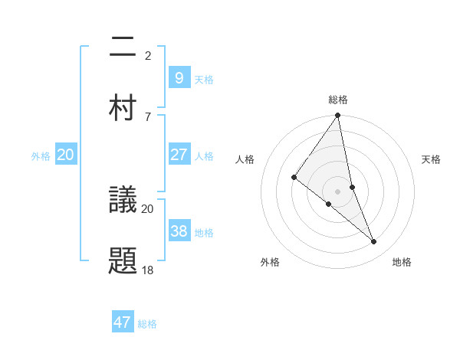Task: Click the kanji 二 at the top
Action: coord(123,47)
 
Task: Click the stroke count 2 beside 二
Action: coord(148,56)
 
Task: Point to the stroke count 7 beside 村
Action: coord(148,116)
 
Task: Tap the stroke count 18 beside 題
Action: coord(148,270)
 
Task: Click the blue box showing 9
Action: coord(179,77)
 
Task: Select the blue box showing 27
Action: coord(179,155)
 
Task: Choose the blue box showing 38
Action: coord(179,231)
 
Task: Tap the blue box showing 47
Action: coord(123,322)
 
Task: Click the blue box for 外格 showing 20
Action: coord(66,155)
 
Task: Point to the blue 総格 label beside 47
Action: coord(147,324)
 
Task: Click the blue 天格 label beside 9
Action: coord(204,79)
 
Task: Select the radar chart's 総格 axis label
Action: coord(337,100)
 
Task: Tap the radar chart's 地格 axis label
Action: coord(402,262)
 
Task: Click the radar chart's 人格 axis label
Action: coord(245,159)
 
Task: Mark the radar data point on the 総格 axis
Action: coord(337,116)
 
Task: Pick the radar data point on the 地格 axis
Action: coord(374,242)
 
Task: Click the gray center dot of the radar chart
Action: coord(337,191)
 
